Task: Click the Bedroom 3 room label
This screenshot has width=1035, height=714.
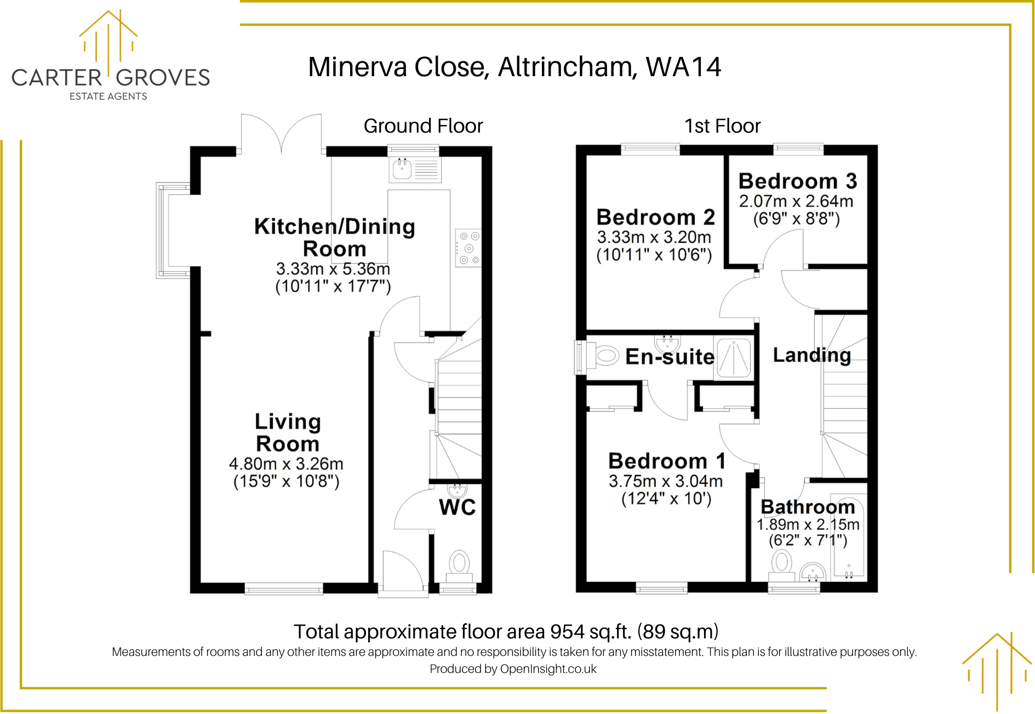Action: point(797,181)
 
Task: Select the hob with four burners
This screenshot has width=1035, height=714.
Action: point(468,248)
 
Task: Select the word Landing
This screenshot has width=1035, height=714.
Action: point(812,355)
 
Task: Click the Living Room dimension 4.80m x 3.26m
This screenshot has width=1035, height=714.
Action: point(286,464)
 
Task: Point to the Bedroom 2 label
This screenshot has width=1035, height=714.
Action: point(655,218)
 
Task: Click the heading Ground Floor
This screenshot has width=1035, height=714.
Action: point(423,126)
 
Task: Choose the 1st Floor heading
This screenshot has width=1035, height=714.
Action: point(722,126)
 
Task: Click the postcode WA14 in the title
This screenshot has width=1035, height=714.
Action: point(683,67)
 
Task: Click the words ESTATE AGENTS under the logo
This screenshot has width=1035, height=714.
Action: point(108,96)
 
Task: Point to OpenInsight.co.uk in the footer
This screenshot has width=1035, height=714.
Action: point(548,669)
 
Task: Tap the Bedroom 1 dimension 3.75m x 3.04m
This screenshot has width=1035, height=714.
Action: point(666,481)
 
